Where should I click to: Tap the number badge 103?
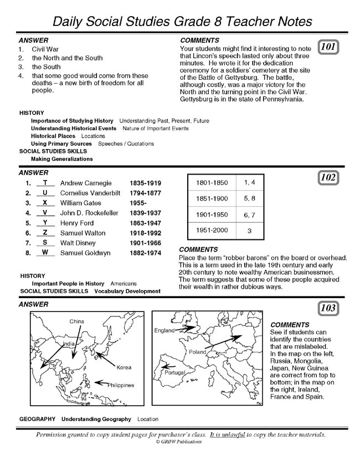330,308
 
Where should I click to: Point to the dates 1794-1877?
145,193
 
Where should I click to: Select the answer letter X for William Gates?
45,203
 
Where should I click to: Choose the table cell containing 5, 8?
249,198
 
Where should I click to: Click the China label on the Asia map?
76,321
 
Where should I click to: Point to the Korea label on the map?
124,367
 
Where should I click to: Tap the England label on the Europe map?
164,330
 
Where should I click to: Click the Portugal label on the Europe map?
176,374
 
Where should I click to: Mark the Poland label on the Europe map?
197,352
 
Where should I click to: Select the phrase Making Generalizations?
61,159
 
